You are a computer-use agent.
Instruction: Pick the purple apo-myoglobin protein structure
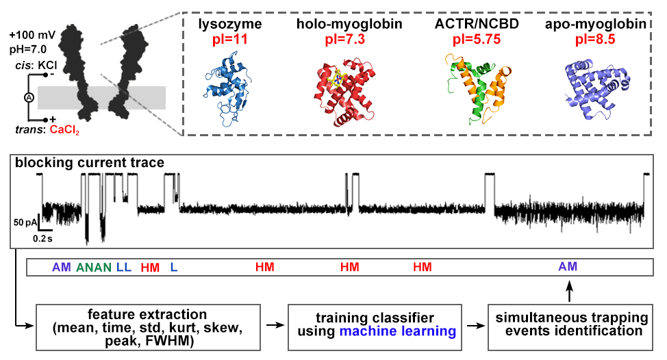[593, 89]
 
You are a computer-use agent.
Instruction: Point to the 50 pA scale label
[23, 222]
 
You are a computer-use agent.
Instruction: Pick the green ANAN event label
[94, 267]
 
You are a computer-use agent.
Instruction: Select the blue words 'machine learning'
[412, 332]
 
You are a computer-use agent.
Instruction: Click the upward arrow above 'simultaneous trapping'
[568, 291]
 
